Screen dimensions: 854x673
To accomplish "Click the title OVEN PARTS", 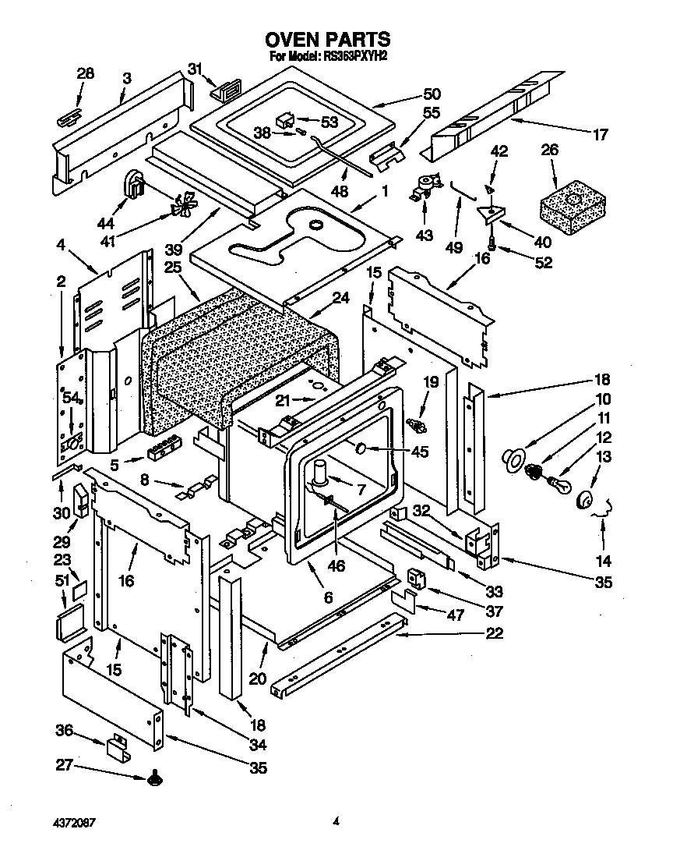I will (327, 39).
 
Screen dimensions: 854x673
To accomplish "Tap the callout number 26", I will (550, 150).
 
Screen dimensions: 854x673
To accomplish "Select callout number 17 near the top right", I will (600, 134).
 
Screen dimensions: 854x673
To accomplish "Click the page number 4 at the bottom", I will (336, 820).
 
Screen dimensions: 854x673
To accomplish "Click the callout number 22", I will (493, 633).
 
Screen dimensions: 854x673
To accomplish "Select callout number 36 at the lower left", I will (65, 731).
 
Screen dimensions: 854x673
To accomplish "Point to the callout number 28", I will (86, 73).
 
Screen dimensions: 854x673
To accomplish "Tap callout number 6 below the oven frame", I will (328, 598).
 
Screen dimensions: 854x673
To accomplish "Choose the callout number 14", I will (603, 560).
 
